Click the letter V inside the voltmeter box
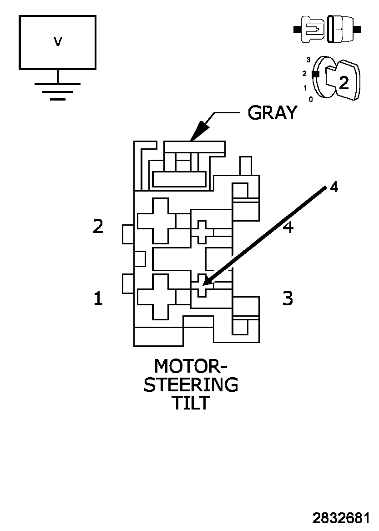(57, 42)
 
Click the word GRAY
(273, 112)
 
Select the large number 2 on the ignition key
(344, 82)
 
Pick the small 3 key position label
(308, 60)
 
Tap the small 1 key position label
(305, 88)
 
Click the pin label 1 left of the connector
(98, 299)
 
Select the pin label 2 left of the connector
(98, 227)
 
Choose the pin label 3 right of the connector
(288, 298)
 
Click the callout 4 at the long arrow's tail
(334, 187)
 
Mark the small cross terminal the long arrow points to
(202, 285)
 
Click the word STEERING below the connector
(191, 385)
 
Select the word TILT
(191, 403)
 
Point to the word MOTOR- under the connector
(191, 366)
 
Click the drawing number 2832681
(341, 518)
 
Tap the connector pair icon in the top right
(328, 30)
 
